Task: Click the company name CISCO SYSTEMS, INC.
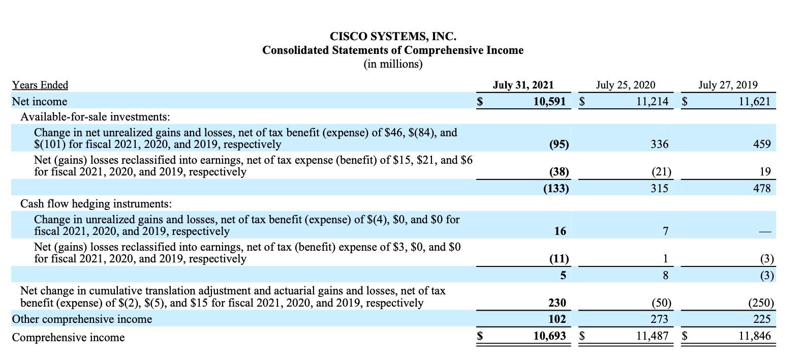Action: click(x=393, y=37)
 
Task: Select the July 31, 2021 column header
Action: click(x=523, y=85)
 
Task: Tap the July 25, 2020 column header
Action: click(x=625, y=85)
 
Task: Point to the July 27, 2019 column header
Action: click(x=727, y=85)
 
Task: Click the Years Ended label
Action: click(x=40, y=85)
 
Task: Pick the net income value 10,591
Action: click(x=549, y=102)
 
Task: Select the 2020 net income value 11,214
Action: click(x=652, y=102)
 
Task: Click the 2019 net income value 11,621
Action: click(x=754, y=102)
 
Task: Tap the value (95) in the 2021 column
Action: click(x=559, y=144)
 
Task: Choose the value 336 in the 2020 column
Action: click(x=659, y=144)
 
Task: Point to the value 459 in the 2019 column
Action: click(x=762, y=144)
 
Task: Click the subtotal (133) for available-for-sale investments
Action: click(x=556, y=189)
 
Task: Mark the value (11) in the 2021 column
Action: click(x=559, y=259)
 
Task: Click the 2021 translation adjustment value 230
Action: click(x=557, y=303)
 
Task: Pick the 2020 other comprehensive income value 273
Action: click(x=659, y=319)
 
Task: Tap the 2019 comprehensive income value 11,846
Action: click(x=754, y=336)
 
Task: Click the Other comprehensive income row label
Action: click(x=82, y=319)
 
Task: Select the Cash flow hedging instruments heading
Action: click(x=96, y=204)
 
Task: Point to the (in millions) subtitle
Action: click(x=393, y=64)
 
